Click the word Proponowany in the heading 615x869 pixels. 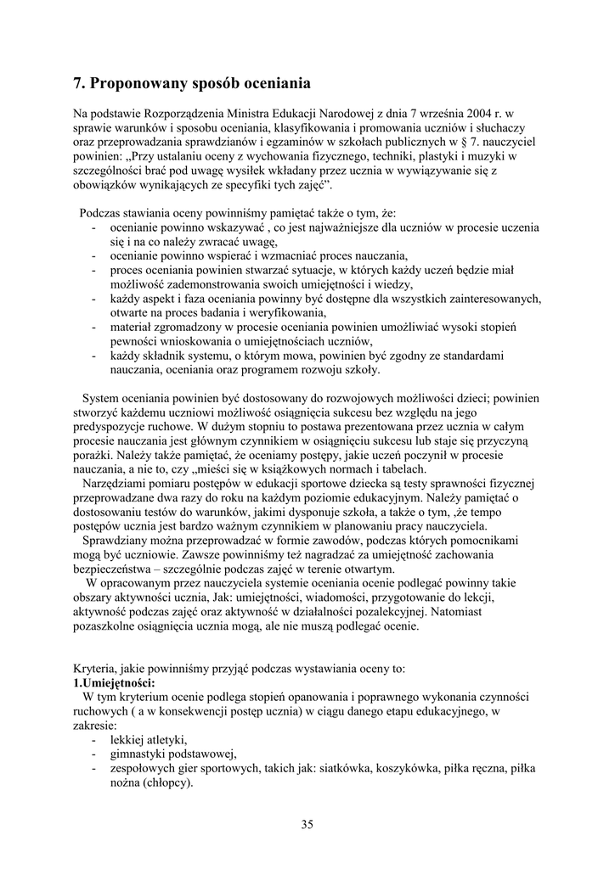(x=138, y=83)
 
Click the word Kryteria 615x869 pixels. (x=95, y=669)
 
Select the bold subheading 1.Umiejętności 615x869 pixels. (x=115, y=682)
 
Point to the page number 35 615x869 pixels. (x=307, y=824)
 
